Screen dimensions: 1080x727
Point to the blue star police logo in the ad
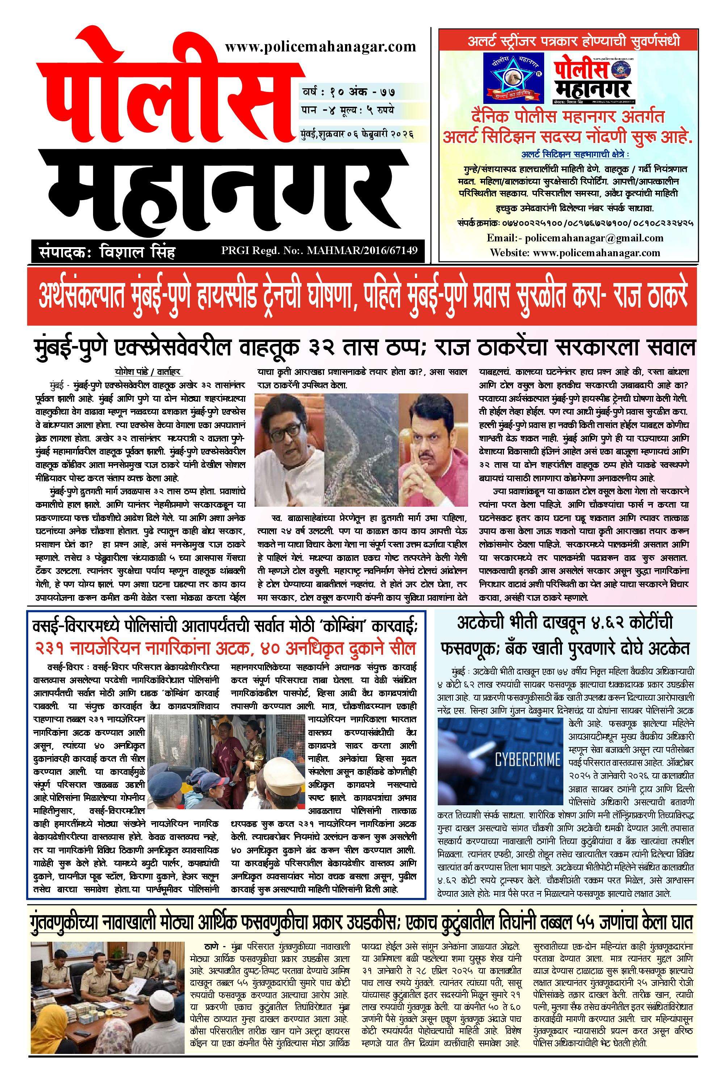(514, 77)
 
